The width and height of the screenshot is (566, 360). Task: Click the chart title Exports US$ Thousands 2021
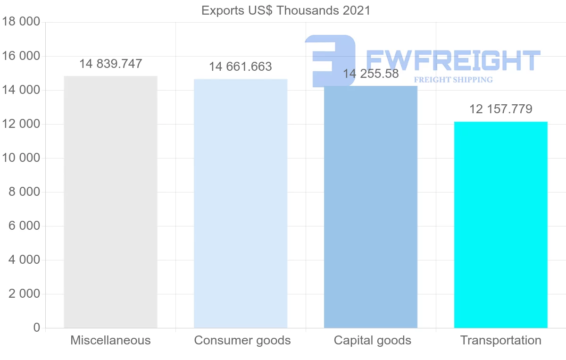(x=286, y=10)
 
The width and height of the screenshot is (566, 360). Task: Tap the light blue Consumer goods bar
(x=241, y=203)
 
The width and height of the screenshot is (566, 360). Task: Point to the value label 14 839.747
(x=110, y=64)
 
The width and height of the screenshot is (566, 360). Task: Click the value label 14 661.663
(x=241, y=67)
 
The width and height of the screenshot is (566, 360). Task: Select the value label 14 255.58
(x=371, y=74)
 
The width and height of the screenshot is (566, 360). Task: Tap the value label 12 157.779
(x=500, y=109)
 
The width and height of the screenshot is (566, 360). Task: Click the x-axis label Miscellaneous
(x=110, y=340)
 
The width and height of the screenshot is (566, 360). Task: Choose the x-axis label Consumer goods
(x=242, y=340)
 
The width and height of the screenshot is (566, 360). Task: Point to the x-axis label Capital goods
(x=372, y=340)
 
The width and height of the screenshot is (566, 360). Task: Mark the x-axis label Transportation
(x=500, y=340)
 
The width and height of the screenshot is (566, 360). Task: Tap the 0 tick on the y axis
(x=37, y=328)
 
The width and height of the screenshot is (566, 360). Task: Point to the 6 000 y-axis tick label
(x=24, y=226)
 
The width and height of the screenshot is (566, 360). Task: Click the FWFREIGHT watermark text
(x=453, y=60)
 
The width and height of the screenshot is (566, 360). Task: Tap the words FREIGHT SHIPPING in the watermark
(x=453, y=80)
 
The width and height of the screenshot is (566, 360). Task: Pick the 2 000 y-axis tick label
(x=24, y=294)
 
